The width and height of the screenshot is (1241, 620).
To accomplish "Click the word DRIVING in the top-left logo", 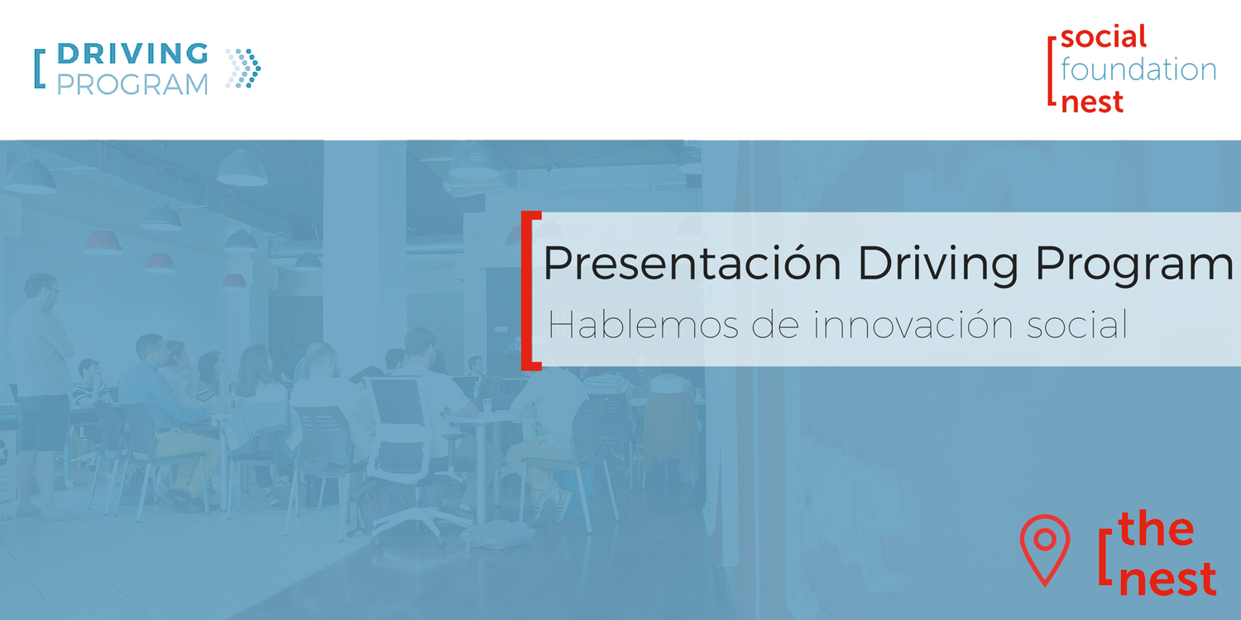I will [x=132, y=54].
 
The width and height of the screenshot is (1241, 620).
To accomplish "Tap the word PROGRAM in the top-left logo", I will [x=132, y=84].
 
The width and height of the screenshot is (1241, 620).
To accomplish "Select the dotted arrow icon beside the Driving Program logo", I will [x=243, y=69].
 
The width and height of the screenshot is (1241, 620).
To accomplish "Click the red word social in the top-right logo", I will [x=1104, y=37].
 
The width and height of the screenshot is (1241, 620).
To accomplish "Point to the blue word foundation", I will [x=1138, y=69].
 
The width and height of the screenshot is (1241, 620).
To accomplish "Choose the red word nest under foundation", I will [x=1092, y=102].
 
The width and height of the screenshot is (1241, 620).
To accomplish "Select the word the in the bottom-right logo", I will [x=1157, y=530].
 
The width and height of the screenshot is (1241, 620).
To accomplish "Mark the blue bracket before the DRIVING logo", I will [x=38, y=69].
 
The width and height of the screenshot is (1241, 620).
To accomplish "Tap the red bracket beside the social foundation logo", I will [x=1052, y=69].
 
